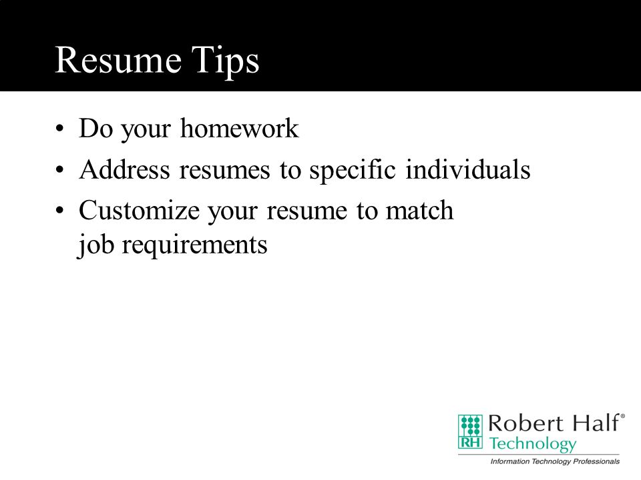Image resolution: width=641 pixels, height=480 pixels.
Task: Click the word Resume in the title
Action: tap(118, 60)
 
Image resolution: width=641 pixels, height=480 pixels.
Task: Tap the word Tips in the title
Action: tap(225, 61)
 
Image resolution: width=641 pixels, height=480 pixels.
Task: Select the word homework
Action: tap(239, 128)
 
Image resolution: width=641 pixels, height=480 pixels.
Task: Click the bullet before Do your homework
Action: tap(59, 129)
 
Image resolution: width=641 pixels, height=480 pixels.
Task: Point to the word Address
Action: tap(124, 169)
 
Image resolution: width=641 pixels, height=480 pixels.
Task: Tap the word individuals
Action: tap(467, 169)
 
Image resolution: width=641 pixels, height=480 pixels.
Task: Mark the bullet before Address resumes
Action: tap(59, 170)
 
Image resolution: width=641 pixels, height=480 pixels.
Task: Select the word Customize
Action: tap(139, 211)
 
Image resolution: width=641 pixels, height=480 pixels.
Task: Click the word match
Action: tap(419, 211)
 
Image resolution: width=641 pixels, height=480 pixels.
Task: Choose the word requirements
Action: tap(194, 246)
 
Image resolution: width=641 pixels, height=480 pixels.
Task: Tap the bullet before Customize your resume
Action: tap(59, 211)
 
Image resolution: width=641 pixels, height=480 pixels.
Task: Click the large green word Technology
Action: tap(533, 444)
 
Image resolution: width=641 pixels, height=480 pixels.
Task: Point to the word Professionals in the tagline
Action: tap(596, 461)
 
